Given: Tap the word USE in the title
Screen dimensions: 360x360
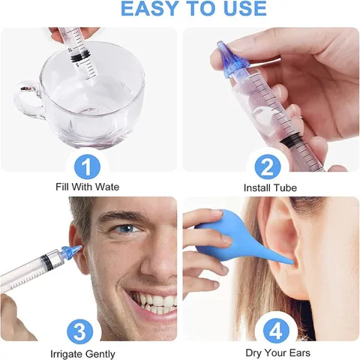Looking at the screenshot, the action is click(245, 9).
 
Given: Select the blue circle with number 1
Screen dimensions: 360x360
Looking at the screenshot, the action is click(87, 166).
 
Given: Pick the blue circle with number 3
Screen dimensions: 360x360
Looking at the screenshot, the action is click(80, 331).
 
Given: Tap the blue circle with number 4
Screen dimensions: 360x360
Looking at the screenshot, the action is click(276, 331).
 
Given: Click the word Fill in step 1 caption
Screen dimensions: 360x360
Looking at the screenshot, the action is click(62, 187).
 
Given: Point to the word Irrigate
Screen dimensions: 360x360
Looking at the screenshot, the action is click(66, 354).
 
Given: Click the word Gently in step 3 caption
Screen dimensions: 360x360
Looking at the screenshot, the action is click(100, 354).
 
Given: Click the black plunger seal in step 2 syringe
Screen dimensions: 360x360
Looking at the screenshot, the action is click(291, 140).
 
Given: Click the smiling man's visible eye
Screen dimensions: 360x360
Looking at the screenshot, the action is click(127, 228).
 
